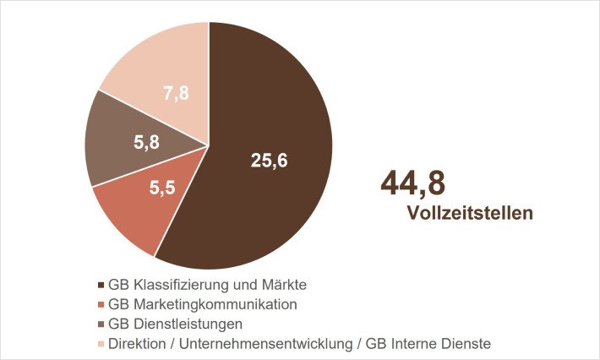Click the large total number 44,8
412,183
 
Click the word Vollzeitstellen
470,213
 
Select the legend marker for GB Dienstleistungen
102,324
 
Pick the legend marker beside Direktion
102,343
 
